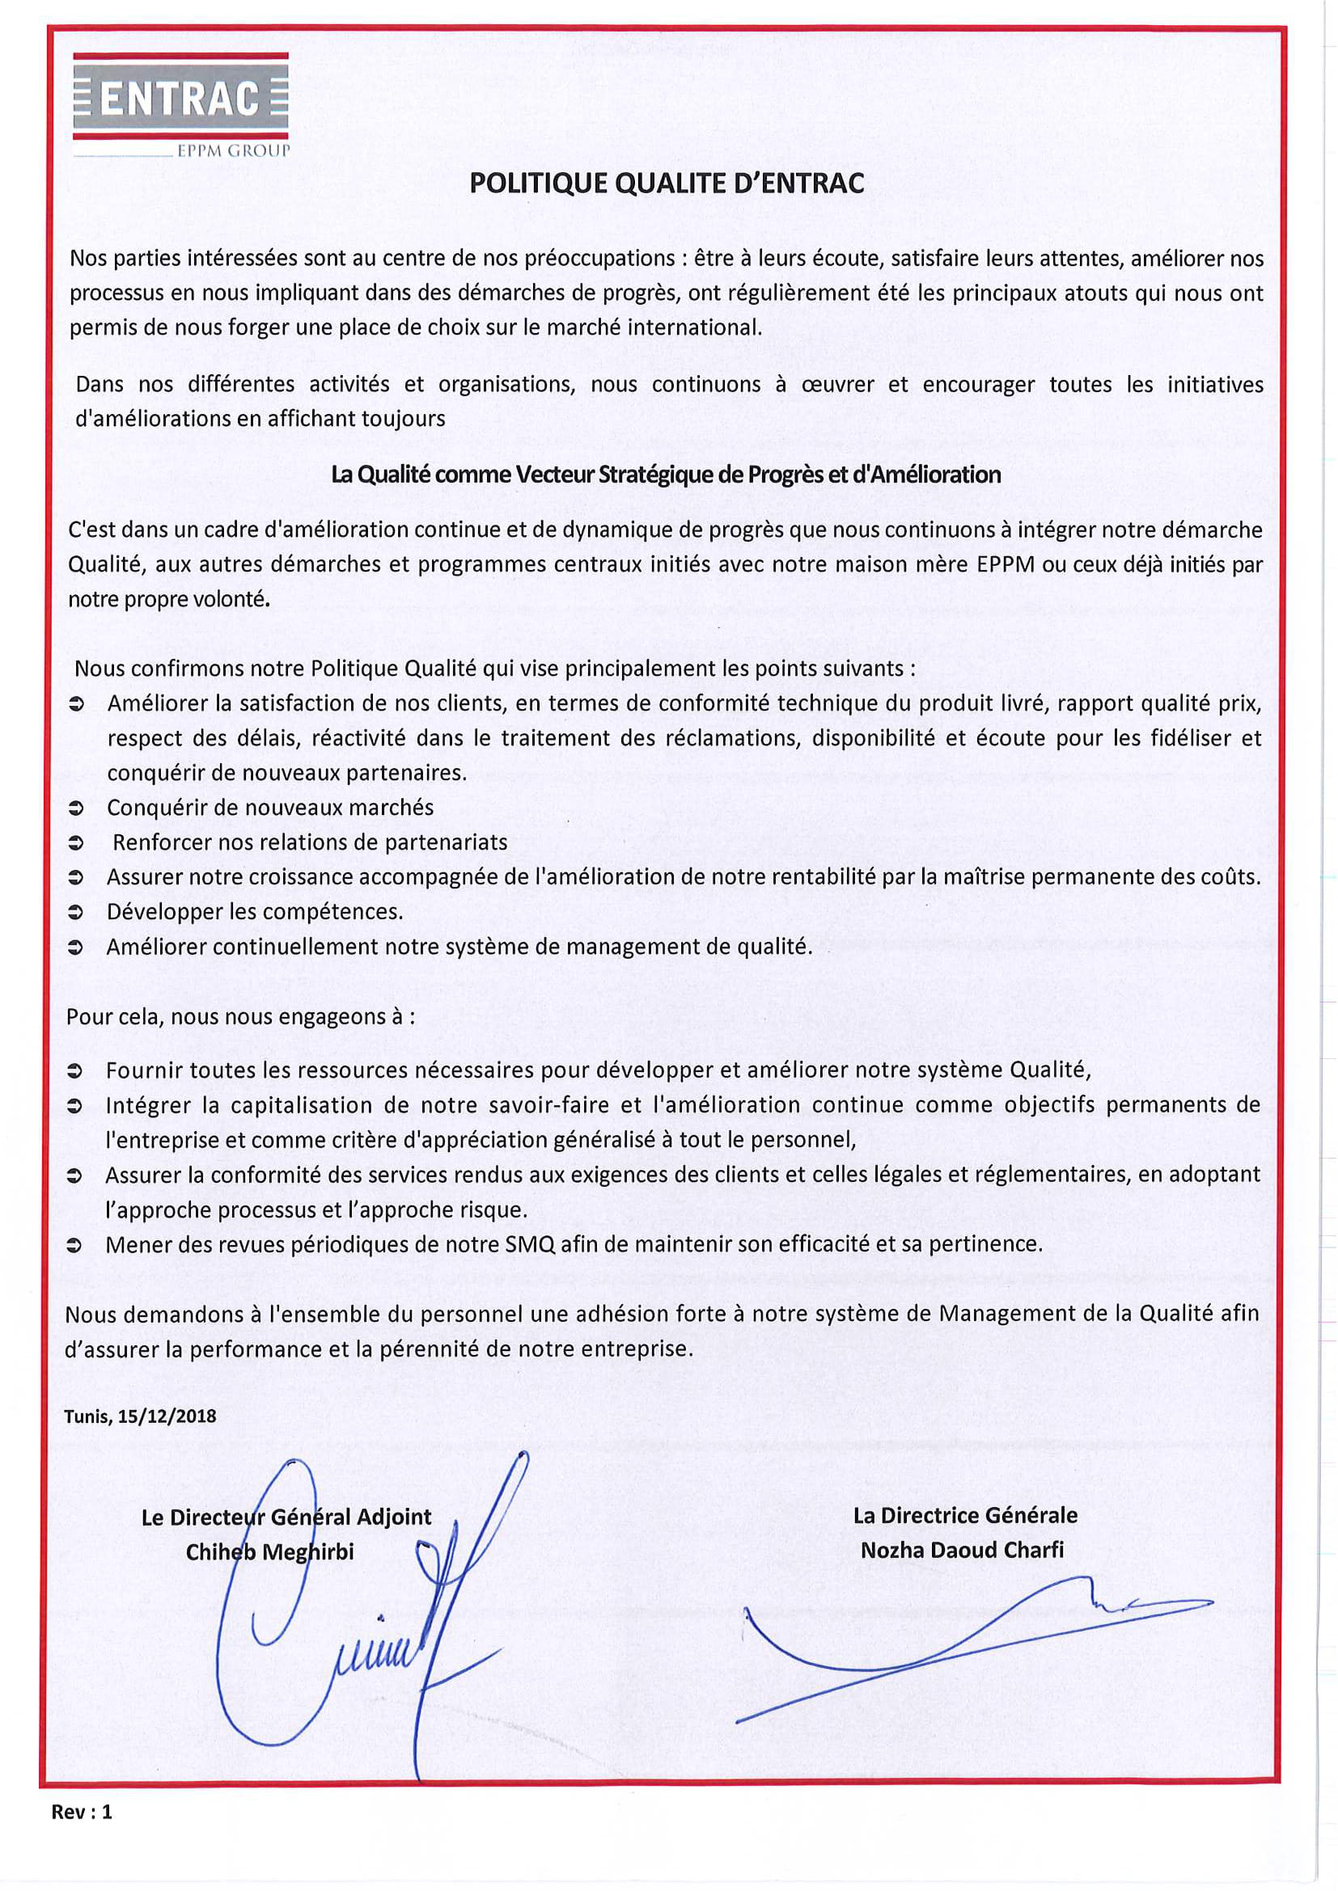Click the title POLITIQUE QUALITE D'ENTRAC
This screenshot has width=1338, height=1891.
point(667,183)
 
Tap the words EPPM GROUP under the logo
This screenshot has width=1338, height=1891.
point(233,150)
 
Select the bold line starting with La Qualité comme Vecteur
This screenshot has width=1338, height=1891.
point(666,475)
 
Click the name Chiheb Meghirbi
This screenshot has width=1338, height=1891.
point(269,1552)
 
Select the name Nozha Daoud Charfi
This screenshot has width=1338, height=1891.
point(963,1550)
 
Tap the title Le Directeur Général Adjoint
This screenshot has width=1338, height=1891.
point(286,1517)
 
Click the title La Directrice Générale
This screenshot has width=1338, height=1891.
point(965,1514)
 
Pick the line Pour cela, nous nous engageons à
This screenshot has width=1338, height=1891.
point(240,1016)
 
